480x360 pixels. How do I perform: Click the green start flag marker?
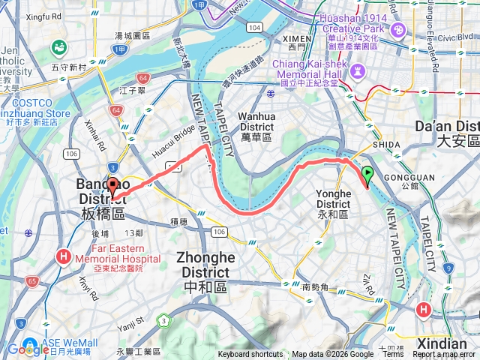pyautogui.click(x=367, y=175)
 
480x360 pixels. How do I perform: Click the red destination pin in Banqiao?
pyautogui.click(x=112, y=186)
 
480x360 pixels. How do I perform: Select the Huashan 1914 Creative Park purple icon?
pyautogui.click(x=398, y=30)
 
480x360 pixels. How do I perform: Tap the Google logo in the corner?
pyautogui.click(x=28, y=349)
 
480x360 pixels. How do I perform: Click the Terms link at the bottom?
pyautogui.click(x=393, y=355)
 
